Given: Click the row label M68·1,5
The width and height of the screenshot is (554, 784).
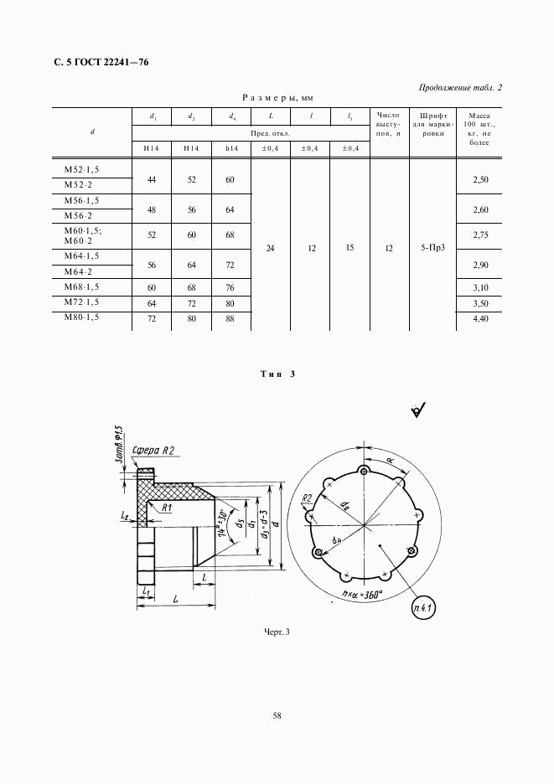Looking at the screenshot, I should click(81, 287).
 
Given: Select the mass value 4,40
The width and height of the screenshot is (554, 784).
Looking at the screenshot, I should click(480, 319).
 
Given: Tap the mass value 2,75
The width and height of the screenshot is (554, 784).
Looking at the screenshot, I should click(480, 236).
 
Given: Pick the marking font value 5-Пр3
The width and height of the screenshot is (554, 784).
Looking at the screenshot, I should click(433, 248).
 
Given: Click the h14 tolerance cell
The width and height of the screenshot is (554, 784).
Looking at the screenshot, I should click(230, 148).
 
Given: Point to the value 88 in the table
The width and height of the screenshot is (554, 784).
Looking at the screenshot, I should click(230, 319).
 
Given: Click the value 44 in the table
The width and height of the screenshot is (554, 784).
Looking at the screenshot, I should click(152, 180).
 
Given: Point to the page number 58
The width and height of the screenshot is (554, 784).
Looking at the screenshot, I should click(277, 715).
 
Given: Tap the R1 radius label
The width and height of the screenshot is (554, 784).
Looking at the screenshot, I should click(168, 508).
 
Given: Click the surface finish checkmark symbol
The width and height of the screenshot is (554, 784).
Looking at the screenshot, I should click(418, 409).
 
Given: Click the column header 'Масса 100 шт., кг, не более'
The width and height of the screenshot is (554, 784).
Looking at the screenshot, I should click(480, 129).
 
